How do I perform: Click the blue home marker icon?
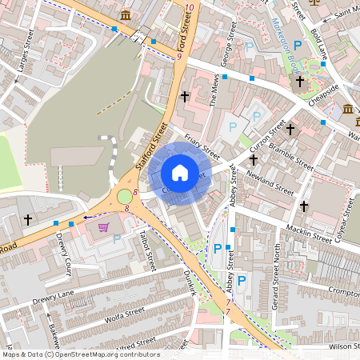pos(180,172)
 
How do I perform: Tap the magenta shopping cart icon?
pos(103,227)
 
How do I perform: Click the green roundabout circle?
pos(124,197)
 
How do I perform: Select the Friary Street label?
pos(201,144)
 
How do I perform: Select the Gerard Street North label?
pos(278,276)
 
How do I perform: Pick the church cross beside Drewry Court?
pos(28,218)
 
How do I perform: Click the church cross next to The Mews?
pos(185,96)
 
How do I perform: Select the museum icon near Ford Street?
pos(126,16)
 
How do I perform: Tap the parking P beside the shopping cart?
pos(117,238)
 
